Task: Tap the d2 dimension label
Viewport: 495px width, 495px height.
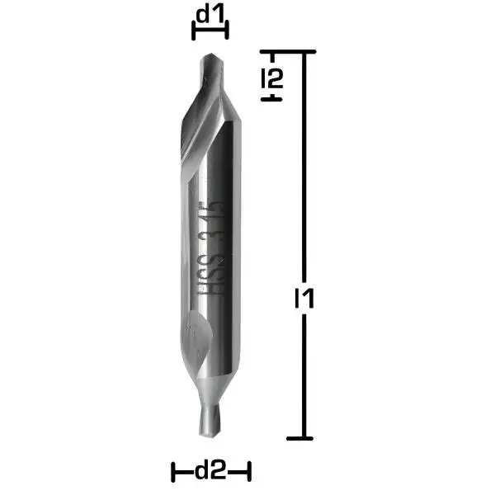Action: (210, 472)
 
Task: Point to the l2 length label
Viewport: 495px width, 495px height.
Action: (273, 79)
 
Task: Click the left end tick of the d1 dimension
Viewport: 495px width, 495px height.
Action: (193, 31)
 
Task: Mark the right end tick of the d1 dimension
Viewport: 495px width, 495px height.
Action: (226, 31)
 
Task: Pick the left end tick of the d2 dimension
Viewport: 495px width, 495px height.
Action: (173, 472)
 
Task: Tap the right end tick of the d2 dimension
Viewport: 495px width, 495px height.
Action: (247, 472)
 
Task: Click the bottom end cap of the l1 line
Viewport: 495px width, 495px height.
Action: (305, 437)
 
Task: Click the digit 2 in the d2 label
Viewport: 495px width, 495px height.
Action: (219, 472)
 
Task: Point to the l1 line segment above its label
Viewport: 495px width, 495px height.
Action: (305, 165)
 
